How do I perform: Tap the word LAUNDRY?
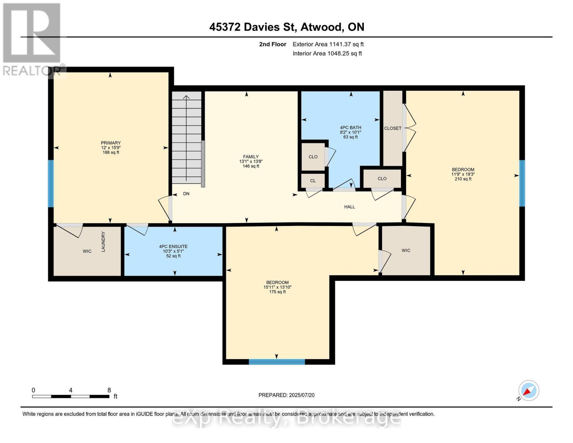click(x=103, y=242)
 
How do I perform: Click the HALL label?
click(x=349, y=207)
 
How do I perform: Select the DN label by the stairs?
click(x=186, y=193)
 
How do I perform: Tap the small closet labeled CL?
click(x=313, y=181)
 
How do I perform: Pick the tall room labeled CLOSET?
click(x=393, y=128)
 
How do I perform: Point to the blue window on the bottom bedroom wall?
click(x=277, y=362)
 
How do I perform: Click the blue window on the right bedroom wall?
click(x=522, y=183)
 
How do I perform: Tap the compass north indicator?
click(x=528, y=391)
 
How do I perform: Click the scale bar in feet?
click(x=70, y=396)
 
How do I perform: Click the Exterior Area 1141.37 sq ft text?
click(x=328, y=44)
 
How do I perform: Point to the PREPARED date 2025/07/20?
click(x=286, y=395)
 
